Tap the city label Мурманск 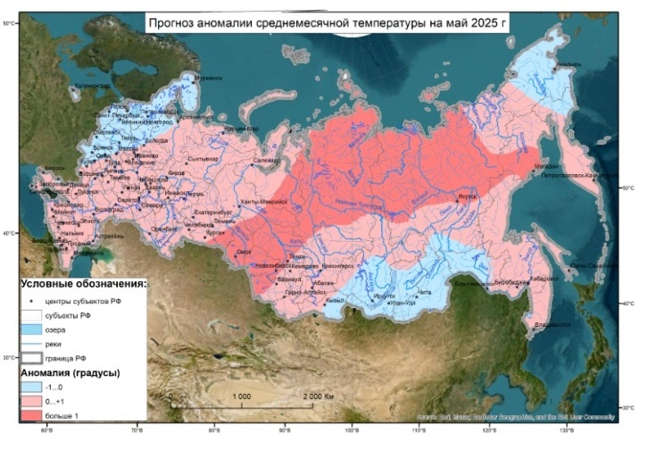tap(212, 79)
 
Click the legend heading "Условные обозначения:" tap(82, 283)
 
